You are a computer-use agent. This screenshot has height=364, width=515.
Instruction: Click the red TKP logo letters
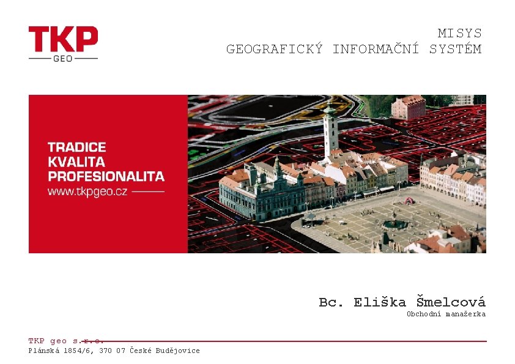point(63,39)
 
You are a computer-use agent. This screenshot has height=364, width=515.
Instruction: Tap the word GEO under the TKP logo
point(63,59)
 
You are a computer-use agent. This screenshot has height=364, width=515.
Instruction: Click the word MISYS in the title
point(459,34)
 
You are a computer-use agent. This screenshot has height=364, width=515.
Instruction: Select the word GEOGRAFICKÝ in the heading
point(274,49)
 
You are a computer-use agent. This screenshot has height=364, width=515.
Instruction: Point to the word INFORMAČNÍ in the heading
point(376,49)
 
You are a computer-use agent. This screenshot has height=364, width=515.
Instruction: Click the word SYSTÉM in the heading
point(455,49)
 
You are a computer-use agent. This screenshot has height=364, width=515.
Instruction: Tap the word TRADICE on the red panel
point(77,147)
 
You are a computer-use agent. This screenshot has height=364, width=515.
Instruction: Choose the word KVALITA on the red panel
point(76,162)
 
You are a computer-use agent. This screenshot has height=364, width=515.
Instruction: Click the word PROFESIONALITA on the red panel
point(106,177)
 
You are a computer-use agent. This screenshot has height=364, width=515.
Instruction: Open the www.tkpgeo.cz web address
point(88,191)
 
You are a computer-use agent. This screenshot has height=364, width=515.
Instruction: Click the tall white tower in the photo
point(331,135)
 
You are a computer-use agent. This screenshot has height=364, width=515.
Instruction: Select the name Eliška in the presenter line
point(380,302)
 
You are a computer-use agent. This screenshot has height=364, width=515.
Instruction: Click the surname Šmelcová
point(451,302)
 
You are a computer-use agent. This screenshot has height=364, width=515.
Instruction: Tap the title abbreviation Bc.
point(332,302)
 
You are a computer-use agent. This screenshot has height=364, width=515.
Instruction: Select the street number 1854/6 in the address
point(76,351)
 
